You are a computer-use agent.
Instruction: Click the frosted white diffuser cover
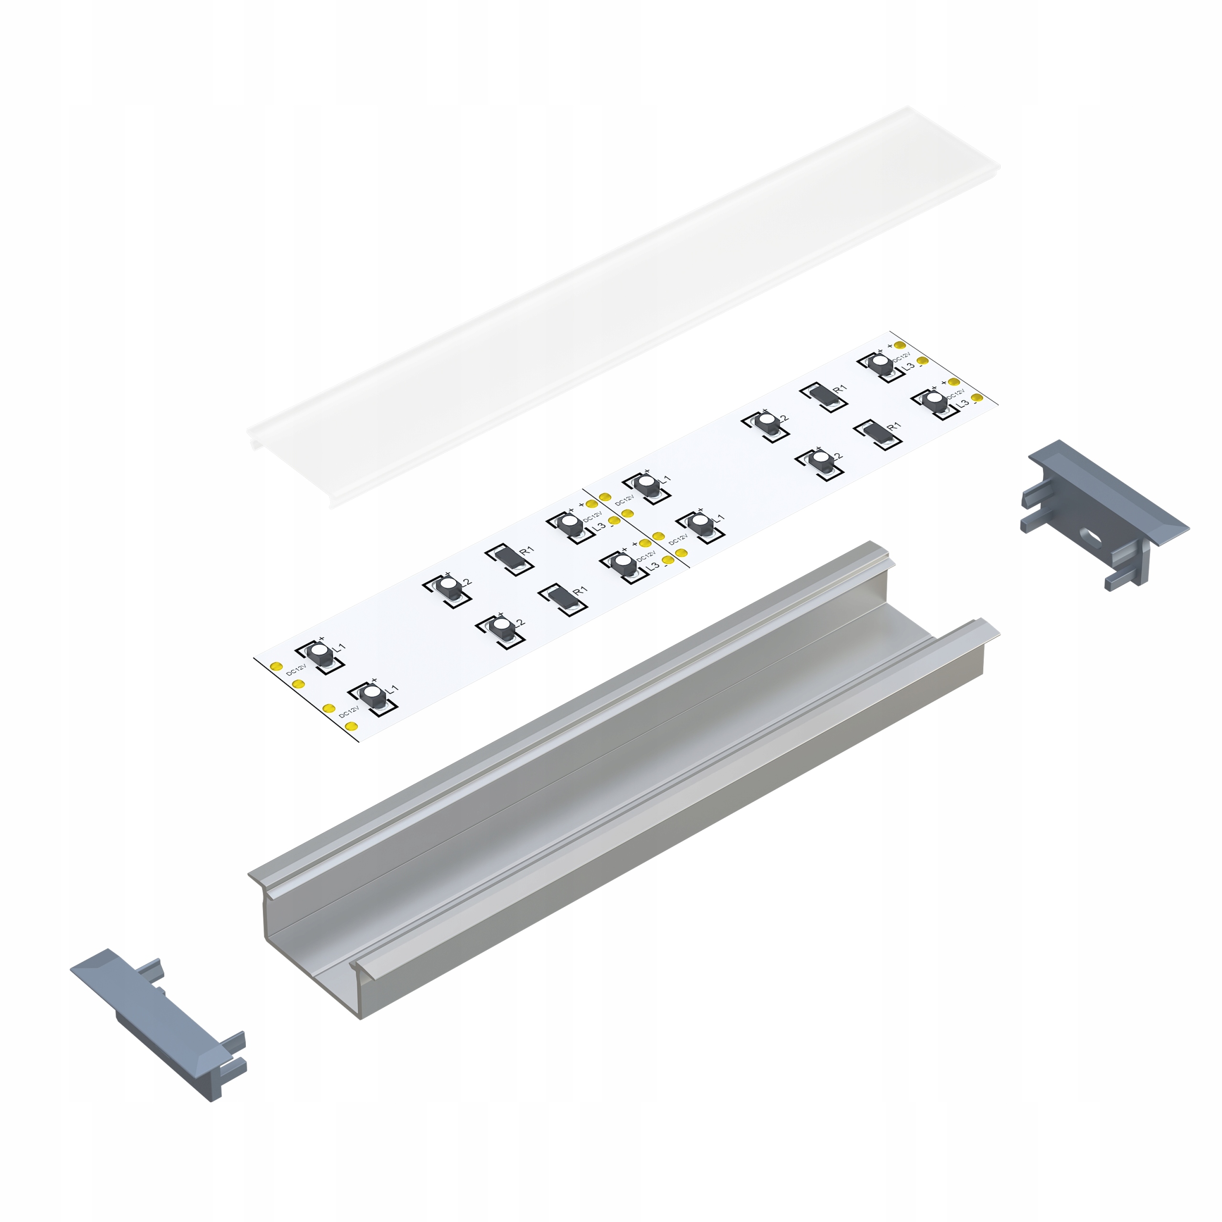pos(623,307)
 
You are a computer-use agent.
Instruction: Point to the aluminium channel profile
pos(623,778)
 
